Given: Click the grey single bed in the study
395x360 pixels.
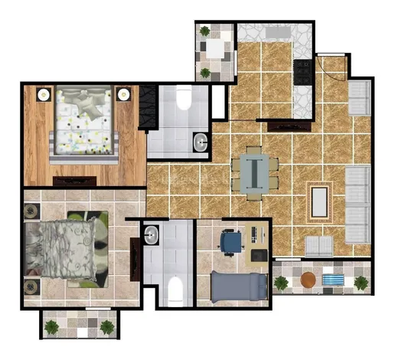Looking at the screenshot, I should pyautogui.click(x=238, y=289).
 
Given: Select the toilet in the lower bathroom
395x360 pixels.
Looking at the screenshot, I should pyautogui.click(x=174, y=290).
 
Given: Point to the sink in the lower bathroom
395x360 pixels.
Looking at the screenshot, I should pyautogui.click(x=150, y=234).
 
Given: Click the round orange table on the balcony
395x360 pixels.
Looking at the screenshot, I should pyautogui.click(x=308, y=281).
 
